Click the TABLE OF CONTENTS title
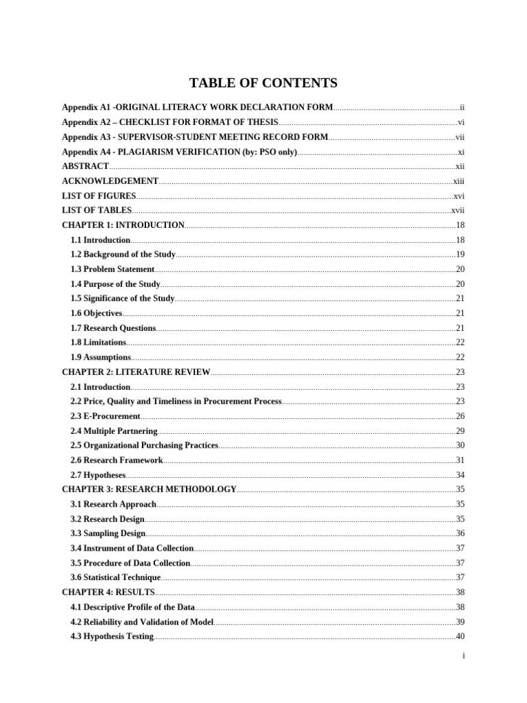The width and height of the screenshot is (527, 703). click(x=263, y=83)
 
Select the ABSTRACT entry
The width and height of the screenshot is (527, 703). click(x=85, y=166)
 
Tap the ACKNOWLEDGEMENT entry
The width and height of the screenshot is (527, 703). click(x=110, y=181)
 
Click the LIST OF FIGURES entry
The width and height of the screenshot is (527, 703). click(x=99, y=196)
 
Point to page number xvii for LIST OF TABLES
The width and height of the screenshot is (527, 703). click(x=458, y=210)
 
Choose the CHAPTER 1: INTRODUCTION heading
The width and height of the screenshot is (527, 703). click(x=123, y=225)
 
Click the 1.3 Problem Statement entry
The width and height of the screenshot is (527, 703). click(x=113, y=269)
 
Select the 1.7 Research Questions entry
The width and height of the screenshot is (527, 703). click(x=113, y=328)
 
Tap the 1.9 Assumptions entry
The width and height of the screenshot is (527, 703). click(x=101, y=357)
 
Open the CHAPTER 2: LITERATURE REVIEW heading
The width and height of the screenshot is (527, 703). click(x=136, y=372)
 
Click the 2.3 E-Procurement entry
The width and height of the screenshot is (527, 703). click(x=105, y=416)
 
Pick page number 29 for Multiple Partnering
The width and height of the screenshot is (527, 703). click(x=460, y=431)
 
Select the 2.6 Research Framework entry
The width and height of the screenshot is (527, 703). click(x=117, y=460)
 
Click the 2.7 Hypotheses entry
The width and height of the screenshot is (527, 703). click(x=98, y=475)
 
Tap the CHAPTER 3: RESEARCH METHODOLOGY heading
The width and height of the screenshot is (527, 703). click(x=149, y=489)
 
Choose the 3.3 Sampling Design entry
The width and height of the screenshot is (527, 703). click(x=108, y=533)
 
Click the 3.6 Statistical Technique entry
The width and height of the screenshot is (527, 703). click(x=115, y=577)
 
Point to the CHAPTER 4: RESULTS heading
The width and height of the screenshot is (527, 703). click(x=108, y=592)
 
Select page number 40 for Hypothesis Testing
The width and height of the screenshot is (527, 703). click(x=460, y=636)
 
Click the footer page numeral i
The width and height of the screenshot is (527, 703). click(x=464, y=656)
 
